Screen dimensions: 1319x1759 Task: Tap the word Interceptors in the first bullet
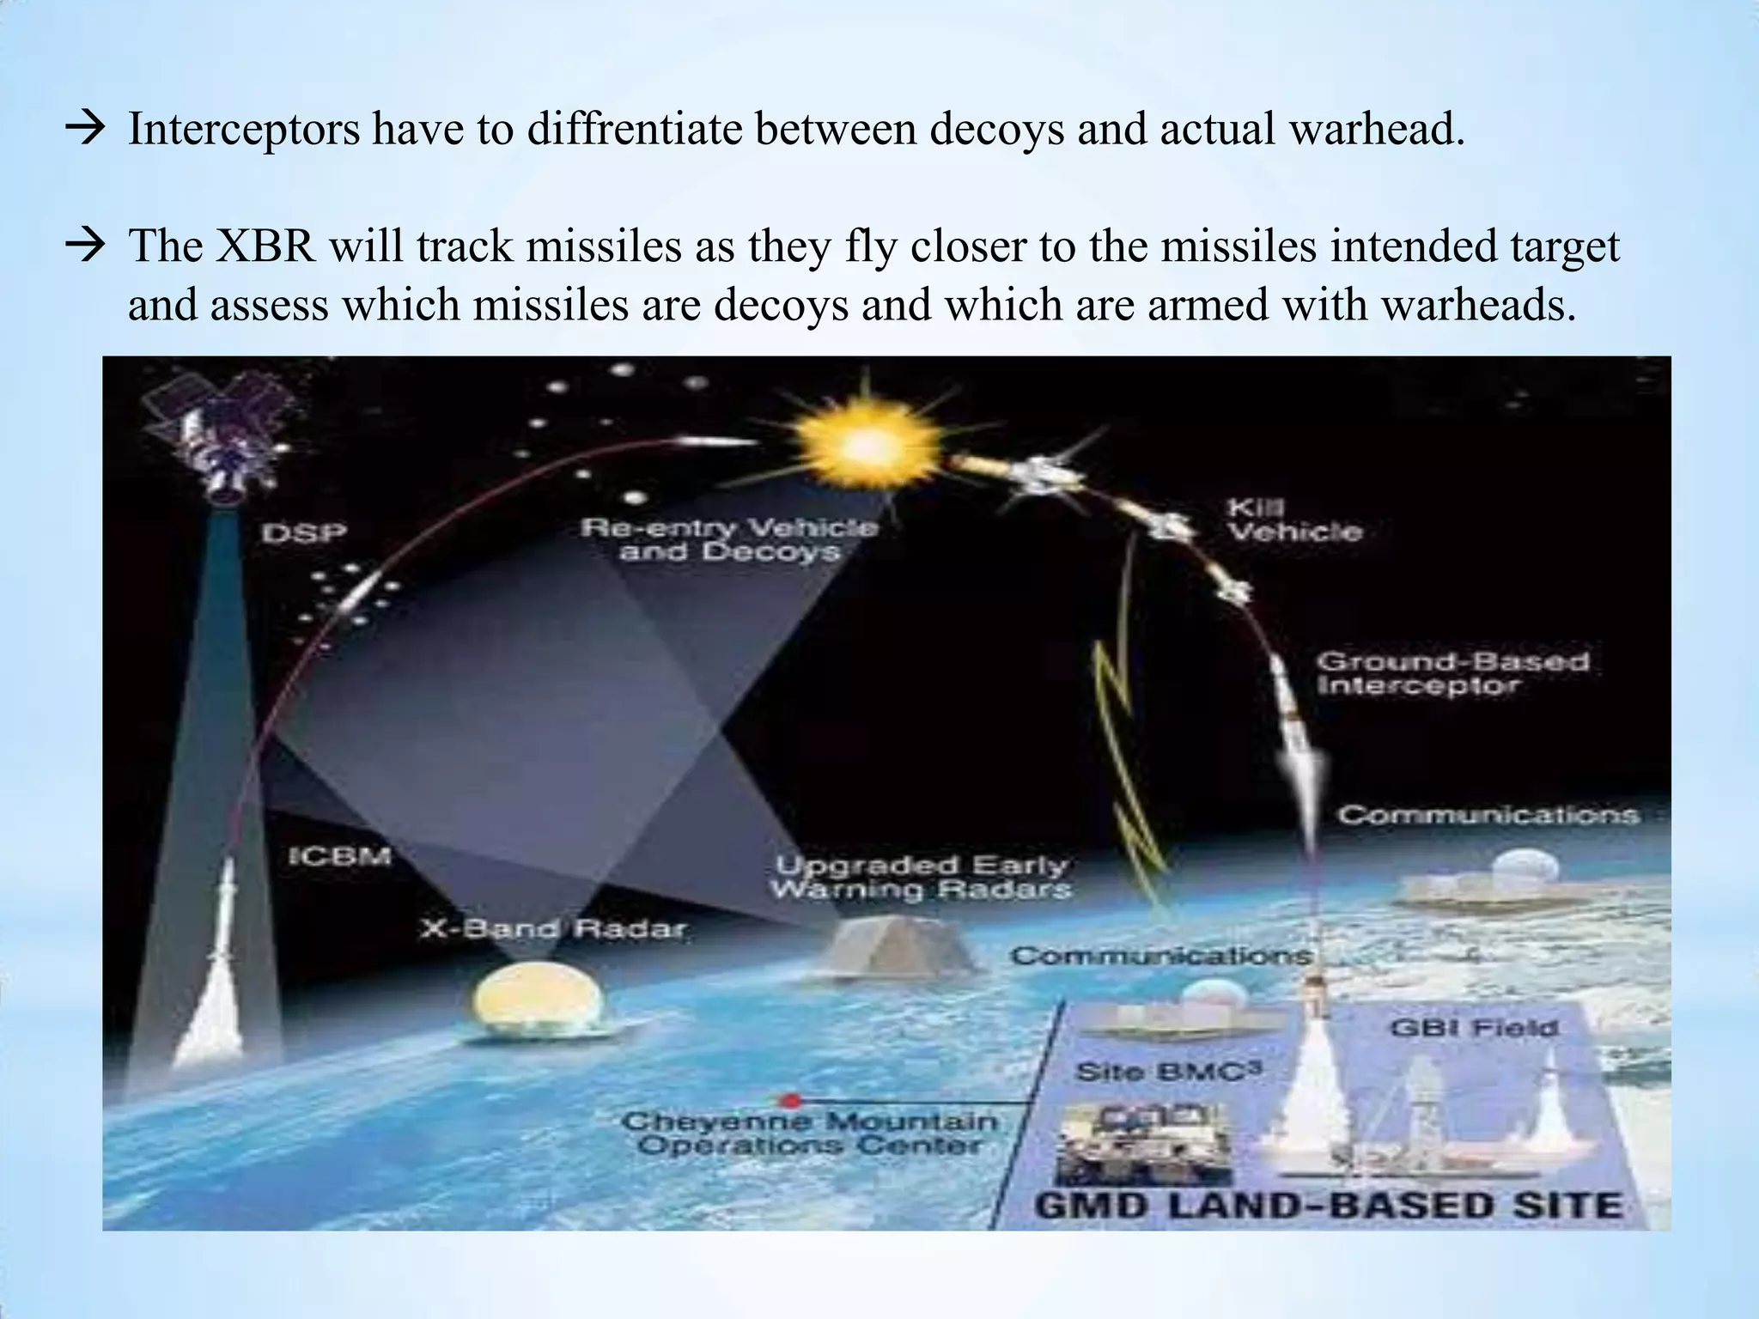[244, 130]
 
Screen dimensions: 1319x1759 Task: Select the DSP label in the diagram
[304, 533]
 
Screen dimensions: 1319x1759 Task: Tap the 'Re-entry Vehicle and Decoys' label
[729, 538]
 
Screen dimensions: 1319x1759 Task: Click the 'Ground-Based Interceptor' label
[1452, 673]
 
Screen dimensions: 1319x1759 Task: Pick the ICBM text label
[339, 856]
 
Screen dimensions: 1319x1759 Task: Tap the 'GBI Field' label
[1473, 1027]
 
